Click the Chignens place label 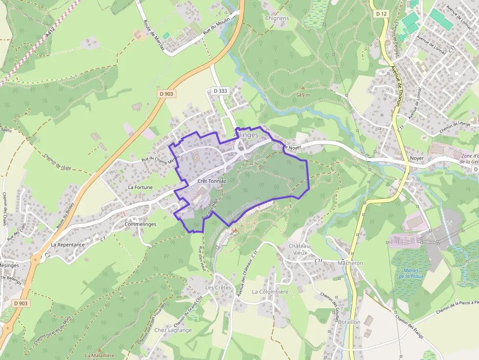coord(277,19)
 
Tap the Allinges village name coord(246,135)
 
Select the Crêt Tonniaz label coord(212,181)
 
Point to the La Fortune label coord(140,187)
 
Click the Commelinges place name coord(140,224)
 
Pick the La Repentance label coord(67,245)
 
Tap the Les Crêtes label coord(218,288)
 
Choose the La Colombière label coord(270,292)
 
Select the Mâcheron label coord(350,263)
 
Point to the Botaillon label coord(349,322)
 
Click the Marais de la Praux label coord(411,273)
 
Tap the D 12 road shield coord(382,14)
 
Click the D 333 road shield coord(220,91)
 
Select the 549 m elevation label coord(303,95)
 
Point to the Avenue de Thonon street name coord(396,86)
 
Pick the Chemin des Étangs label coord(410,327)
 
